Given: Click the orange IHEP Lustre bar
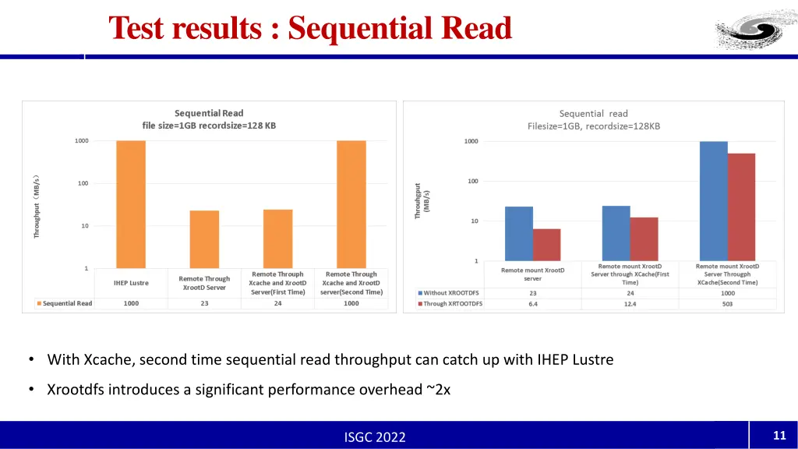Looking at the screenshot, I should (x=131, y=204).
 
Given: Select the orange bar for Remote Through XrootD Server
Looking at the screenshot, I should (x=204, y=239).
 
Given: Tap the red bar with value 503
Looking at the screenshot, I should (x=741, y=207).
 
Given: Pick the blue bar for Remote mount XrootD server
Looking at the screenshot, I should (x=519, y=233).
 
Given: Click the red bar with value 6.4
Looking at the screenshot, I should (x=546, y=245).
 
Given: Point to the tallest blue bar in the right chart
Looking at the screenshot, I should (x=713, y=200).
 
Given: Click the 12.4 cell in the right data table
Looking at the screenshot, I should (x=630, y=304).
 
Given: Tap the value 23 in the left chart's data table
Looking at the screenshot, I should (x=204, y=303).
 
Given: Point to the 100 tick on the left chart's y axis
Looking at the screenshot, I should (x=82, y=183).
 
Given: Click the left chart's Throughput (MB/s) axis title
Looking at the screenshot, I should (x=37, y=206).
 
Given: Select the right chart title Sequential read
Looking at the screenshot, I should (x=593, y=114).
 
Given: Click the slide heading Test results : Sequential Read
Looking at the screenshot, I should (x=310, y=28).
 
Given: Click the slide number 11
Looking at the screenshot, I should (x=778, y=435).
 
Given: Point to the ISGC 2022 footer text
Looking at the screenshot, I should (x=375, y=437).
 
